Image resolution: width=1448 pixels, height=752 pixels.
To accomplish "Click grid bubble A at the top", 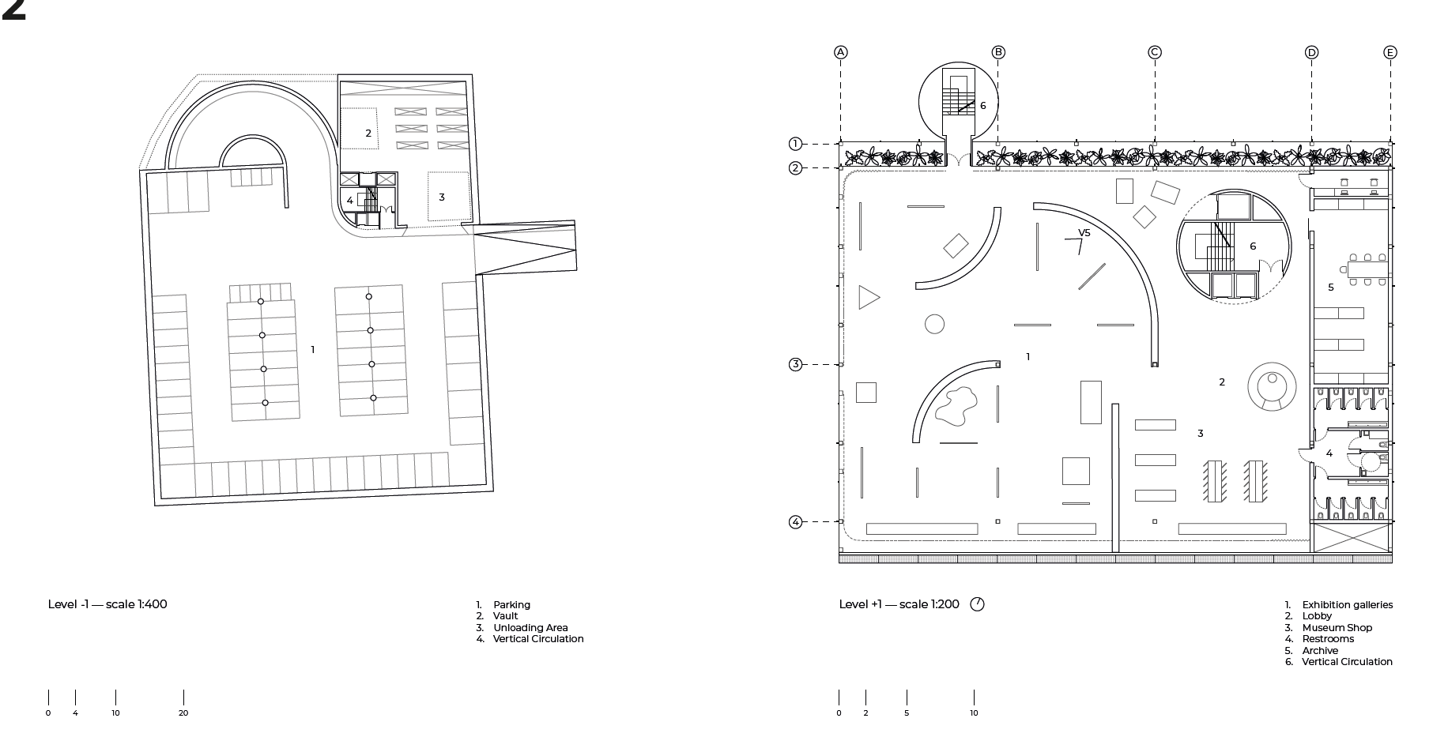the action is pyautogui.click(x=840, y=52).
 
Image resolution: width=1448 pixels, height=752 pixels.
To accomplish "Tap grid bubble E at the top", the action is pyautogui.click(x=1390, y=52).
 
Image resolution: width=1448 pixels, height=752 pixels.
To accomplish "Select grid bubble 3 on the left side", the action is pyautogui.click(x=796, y=364).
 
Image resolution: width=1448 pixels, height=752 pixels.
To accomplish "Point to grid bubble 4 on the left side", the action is pyautogui.click(x=796, y=522).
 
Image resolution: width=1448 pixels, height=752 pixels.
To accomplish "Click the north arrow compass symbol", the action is pyautogui.click(x=977, y=604).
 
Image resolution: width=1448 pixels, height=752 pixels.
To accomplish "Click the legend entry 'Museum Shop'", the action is pyautogui.click(x=1337, y=628).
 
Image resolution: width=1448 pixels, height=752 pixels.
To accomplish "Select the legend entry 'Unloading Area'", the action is pyautogui.click(x=530, y=628).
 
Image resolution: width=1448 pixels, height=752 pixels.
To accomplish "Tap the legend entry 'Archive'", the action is pyautogui.click(x=1320, y=651).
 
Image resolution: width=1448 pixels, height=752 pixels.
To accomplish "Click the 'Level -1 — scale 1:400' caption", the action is pyautogui.click(x=107, y=604).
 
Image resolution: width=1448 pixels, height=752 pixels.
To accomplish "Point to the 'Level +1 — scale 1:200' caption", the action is pyautogui.click(x=899, y=604).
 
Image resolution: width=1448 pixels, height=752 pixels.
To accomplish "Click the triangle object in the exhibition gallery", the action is pyautogui.click(x=867, y=297).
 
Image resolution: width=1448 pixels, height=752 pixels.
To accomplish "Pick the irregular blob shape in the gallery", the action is pyautogui.click(x=956, y=406).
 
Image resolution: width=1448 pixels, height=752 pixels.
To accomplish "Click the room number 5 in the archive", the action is pyautogui.click(x=1331, y=288).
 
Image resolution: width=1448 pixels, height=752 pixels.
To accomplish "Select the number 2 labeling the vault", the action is pyautogui.click(x=368, y=133).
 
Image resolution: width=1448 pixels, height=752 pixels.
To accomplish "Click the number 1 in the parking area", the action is pyautogui.click(x=313, y=350).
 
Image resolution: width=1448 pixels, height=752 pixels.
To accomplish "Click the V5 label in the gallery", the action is pyautogui.click(x=1084, y=233).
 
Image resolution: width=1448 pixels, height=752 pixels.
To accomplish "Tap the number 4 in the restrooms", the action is pyautogui.click(x=1329, y=453).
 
